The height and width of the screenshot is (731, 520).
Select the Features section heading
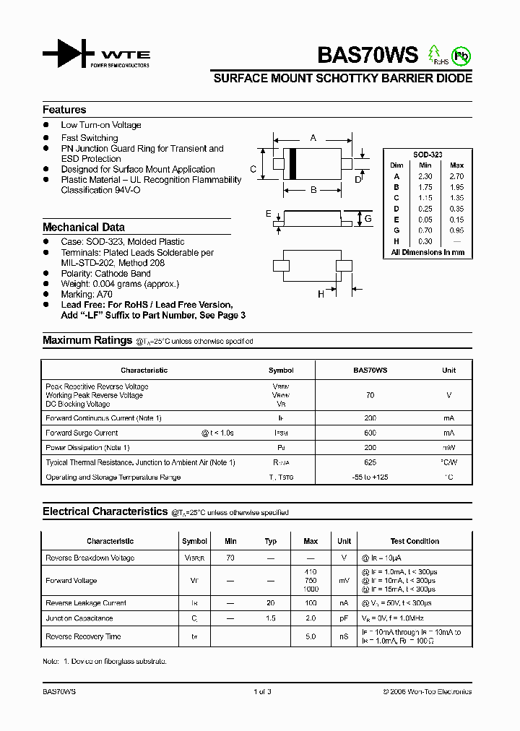pyautogui.click(x=64, y=110)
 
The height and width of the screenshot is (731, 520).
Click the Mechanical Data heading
pyautogui.click(x=84, y=227)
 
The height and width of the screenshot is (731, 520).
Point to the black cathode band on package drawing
pyautogui.click(x=292, y=163)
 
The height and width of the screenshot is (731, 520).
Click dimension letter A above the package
pyautogui.click(x=313, y=137)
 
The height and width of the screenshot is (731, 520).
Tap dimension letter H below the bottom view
pyautogui.click(x=321, y=293)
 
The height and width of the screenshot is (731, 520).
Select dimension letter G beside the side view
pyautogui.click(x=368, y=218)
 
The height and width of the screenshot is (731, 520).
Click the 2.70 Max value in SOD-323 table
pyautogui.click(x=456, y=176)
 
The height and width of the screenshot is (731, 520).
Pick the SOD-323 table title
pyautogui.click(x=428, y=155)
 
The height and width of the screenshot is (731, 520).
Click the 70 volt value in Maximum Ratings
pyautogui.click(x=370, y=395)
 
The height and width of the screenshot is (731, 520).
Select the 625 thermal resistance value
pyautogui.click(x=370, y=462)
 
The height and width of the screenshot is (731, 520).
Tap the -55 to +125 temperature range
pyautogui.click(x=370, y=477)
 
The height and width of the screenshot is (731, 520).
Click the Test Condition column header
pyautogui.click(x=415, y=541)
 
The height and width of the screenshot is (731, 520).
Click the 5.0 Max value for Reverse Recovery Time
pyautogui.click(x=311, y=636)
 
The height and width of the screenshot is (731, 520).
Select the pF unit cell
pyautogui.click(x=344, y=618)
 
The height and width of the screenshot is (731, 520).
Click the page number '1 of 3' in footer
pyautogui.click(x=262, y=692)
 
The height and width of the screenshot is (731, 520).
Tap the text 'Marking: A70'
pyautogui.click(x=87, y=295)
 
